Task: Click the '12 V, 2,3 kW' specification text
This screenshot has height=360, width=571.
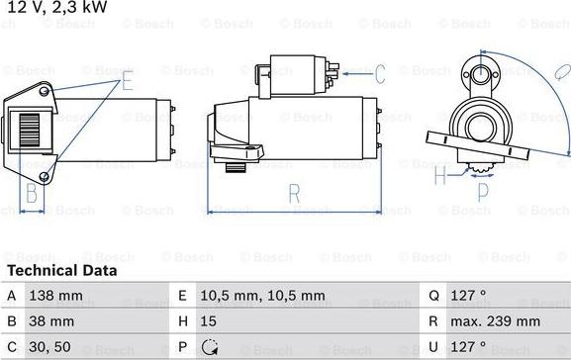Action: coord(56,7)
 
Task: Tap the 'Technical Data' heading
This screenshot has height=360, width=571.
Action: coord(62,270)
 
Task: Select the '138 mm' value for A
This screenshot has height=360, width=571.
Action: coord(55,296)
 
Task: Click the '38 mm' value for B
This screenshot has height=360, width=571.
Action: coord(51,321)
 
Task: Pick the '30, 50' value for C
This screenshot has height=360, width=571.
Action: coord(49,347)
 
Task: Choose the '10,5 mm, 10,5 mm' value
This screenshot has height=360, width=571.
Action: coord(262,296)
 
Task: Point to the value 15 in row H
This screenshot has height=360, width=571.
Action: coord(208,321)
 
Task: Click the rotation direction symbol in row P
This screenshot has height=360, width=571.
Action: coord(210,347)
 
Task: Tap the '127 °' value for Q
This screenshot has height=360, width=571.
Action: coord(468,295)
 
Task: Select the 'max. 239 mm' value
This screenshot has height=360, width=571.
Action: coord(495,321)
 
